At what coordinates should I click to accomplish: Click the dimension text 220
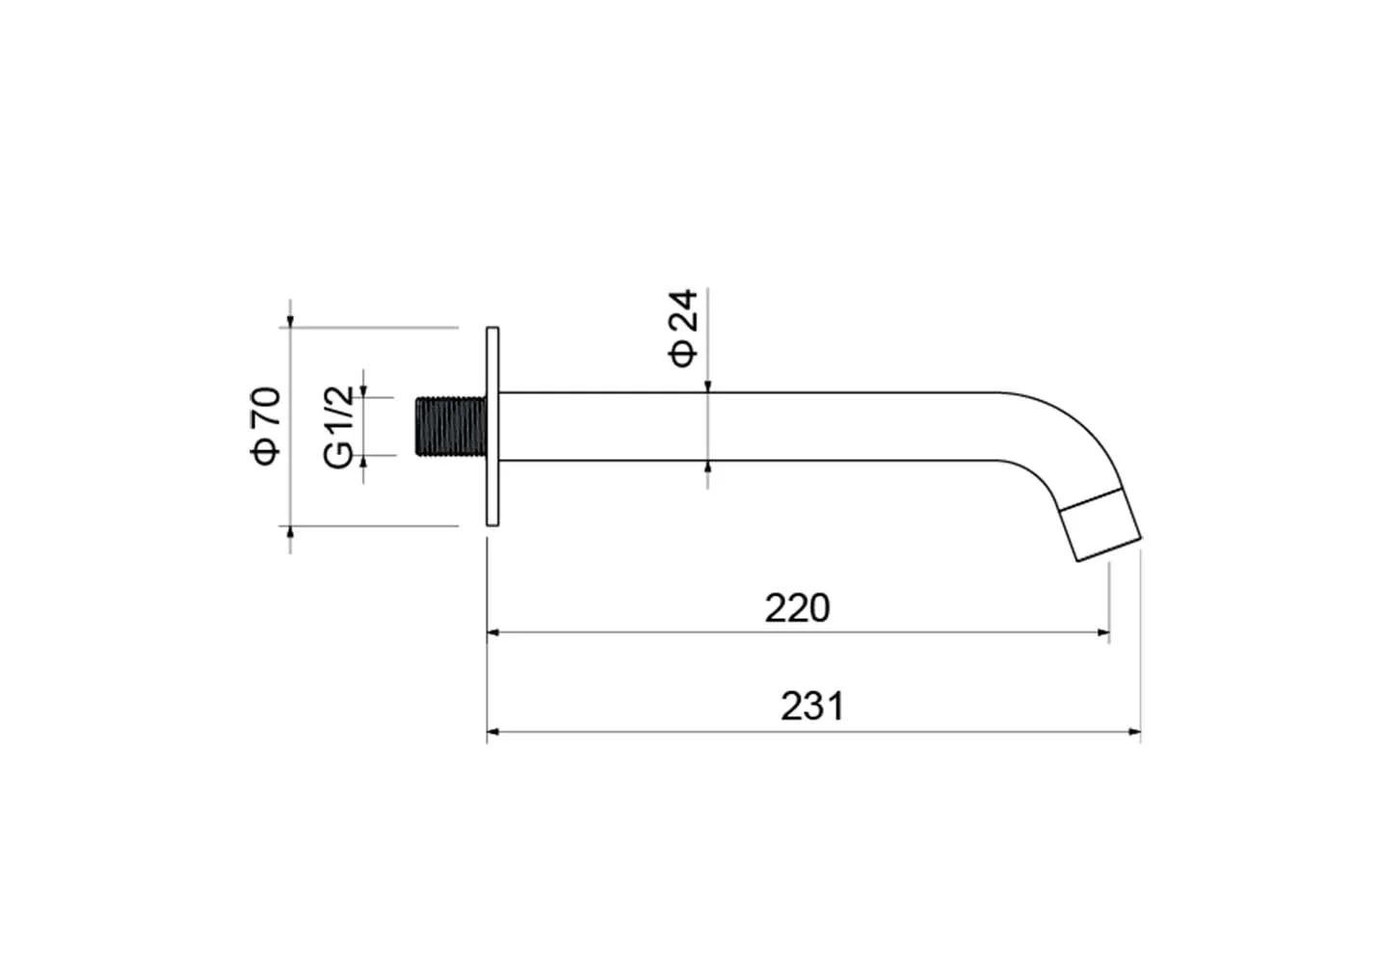point(797,608)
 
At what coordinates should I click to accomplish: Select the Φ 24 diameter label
point(683,328)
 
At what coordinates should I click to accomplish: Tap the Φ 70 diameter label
point(265,426)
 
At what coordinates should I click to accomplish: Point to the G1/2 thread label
point(338,427)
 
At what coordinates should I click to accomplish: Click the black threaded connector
point(451,427)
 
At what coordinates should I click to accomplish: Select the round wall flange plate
point(492,427)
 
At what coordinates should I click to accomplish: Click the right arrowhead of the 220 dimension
point(1103,632)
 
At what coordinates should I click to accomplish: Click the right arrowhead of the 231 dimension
point(1135,732)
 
